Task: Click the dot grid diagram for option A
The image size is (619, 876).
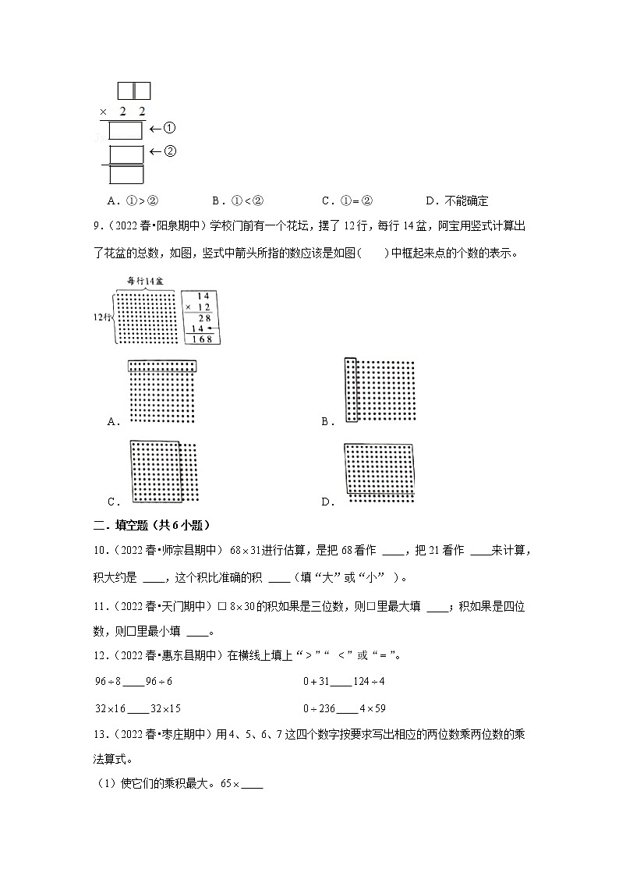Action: [163, 392]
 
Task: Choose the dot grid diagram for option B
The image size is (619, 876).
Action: [380, 392]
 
